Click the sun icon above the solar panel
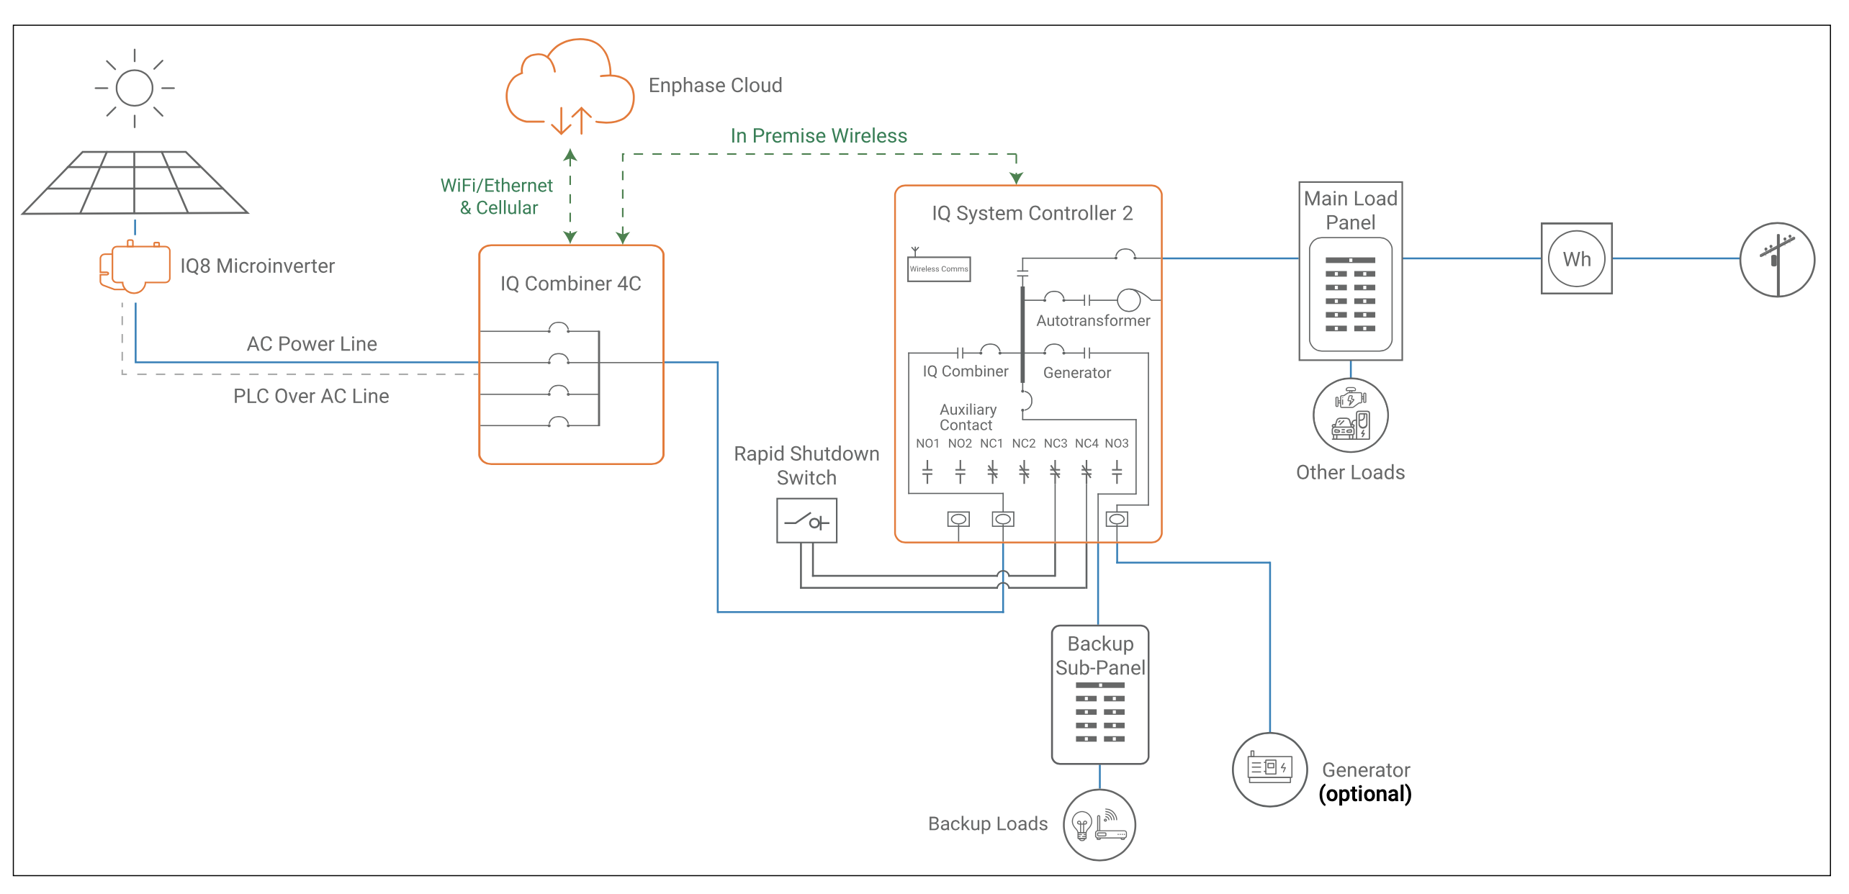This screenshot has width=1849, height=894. (x=135, y=88)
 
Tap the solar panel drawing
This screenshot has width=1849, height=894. (x=135, y=183)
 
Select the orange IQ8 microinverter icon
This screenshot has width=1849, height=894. (x=135, y=267)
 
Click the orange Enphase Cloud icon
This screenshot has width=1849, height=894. (x=570, y=86)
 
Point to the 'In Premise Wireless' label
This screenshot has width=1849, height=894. (x=819, y=136)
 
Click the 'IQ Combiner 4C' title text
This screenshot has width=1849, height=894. (x=570, y=284)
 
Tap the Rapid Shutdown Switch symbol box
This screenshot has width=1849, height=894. (x=806, y=520)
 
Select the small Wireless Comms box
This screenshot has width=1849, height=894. (x=939, y=269)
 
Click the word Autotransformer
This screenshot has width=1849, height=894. (x=1093, y=321)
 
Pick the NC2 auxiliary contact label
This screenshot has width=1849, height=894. (x=1023, y=443)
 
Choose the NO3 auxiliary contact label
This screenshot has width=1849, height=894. (x=1117, y=443)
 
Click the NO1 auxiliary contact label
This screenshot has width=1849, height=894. (x=927, y=443)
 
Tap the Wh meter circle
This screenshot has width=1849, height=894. (x=1576, y=259)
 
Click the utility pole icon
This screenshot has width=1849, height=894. (x=1777, y=260)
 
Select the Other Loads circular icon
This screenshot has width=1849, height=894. (x=1350, y=415)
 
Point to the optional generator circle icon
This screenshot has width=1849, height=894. (x=1269, y=769)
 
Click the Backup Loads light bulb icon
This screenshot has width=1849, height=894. (x=1082, y=825)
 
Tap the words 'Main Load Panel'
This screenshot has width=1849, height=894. (x=1350, y=210)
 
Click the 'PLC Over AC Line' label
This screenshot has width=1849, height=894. (x=311, y=396)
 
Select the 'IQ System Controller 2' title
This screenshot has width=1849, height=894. (x=1032, y=214)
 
